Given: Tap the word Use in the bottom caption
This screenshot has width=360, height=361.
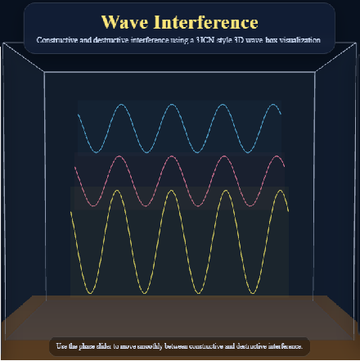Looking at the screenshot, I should point(62,346).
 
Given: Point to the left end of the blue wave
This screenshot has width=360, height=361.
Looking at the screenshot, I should point(78,115).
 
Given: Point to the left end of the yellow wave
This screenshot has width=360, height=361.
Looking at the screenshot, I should point(71,211).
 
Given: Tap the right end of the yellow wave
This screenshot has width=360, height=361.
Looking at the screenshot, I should point(289,211).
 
